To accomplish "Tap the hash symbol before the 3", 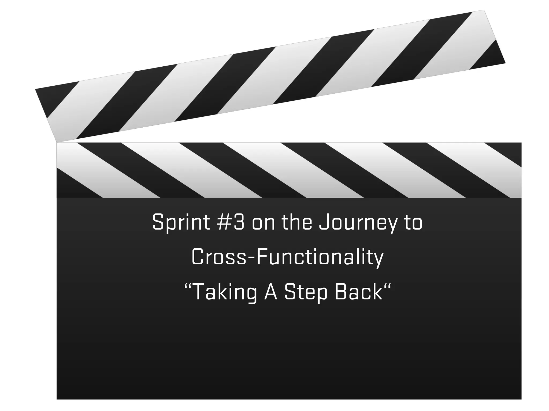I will pos(224,222).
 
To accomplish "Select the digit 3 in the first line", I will pos(239,222).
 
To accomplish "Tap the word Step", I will pos(306,292).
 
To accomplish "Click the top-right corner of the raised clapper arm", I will pos(484,10).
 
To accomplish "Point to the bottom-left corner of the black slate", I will pos(57,399).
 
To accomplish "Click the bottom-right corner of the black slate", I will pos(521,399).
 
